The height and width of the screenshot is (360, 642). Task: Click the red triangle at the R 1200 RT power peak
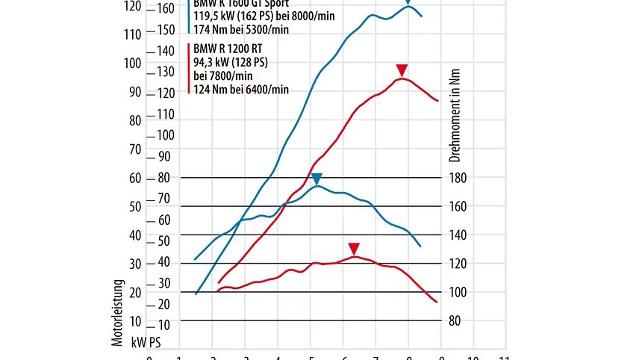[402, 70]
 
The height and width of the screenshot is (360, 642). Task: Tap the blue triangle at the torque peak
[317, 179]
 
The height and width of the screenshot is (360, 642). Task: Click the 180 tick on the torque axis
[460, 178]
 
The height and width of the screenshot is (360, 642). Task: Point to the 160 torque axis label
[460, 206]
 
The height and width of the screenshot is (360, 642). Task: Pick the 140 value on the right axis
[460, 235]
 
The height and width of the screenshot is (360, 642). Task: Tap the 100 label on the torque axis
[460, 292]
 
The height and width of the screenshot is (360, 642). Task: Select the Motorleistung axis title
[117, 311]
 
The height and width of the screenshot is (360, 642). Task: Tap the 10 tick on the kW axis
[135, 321]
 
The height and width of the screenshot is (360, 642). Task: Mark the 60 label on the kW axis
[134, 178]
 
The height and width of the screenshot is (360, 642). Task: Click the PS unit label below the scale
[155, 341]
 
